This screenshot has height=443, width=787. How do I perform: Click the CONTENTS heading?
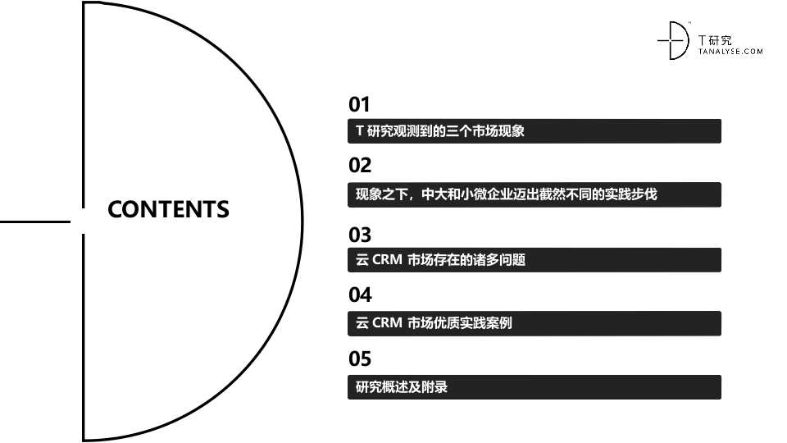(168, 209)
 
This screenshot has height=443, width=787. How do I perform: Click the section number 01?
(360, 104)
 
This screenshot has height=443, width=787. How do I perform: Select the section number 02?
(360, 165)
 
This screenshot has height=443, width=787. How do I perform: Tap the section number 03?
(360, 235)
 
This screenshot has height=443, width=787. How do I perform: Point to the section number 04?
(360, 294)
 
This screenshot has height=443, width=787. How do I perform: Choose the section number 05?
(360, 359)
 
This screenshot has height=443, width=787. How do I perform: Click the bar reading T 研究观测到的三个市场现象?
(534, 131)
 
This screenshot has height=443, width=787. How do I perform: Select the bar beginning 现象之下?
(534, 194)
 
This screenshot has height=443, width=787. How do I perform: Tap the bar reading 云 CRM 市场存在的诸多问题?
(534, 260)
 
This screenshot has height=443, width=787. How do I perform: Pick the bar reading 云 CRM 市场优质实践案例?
(534, 323)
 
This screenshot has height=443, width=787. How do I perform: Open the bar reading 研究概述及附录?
(534, 387)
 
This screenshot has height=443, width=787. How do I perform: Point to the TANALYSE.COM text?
(730, 51)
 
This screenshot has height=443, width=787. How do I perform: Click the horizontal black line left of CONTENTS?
(35, 221)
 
